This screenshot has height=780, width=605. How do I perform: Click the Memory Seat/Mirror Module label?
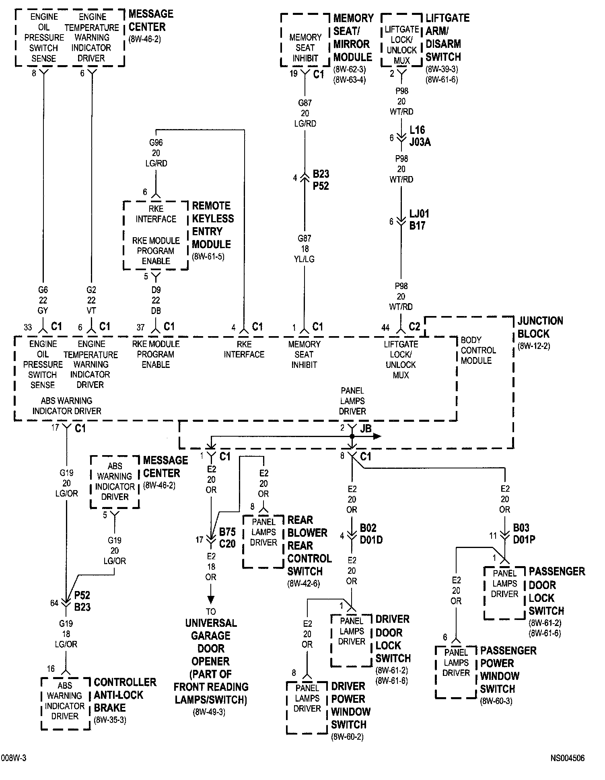353,37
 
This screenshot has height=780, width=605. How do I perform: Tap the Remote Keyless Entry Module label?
212,225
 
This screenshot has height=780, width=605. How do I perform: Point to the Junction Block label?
539,327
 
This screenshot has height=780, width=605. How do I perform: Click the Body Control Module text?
478,350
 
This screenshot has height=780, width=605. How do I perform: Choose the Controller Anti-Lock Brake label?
125,695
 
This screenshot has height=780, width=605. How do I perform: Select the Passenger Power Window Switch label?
508,669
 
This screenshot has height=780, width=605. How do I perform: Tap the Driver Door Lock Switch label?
393,638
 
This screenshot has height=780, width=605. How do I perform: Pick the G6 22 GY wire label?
43,300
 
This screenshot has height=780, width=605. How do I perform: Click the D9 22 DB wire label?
156,300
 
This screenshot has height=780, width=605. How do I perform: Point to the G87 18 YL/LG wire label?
305,249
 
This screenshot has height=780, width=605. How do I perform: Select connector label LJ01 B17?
418,220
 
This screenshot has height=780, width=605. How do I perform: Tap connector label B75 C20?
227,538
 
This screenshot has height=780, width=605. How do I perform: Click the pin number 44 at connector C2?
385,328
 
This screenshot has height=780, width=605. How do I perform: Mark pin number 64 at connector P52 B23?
54,603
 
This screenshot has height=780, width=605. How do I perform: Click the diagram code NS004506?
567,758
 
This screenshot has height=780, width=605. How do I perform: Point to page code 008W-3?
14,758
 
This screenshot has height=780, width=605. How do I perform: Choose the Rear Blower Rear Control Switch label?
309,546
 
